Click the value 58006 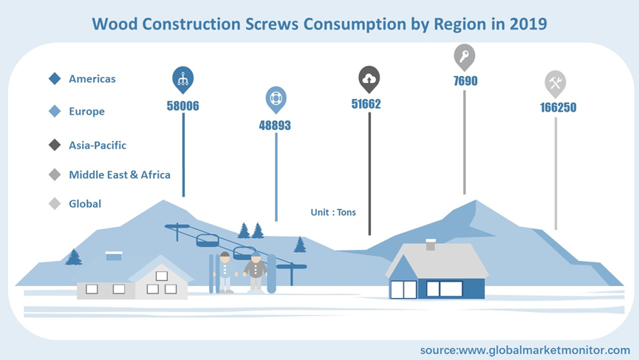click(183, 106)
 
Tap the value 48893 click(275, 125)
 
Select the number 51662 click(366, 104)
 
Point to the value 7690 click(465, 81)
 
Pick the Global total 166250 click(558, 108)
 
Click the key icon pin click(465, 58)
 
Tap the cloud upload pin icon click(369, 80)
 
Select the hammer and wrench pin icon click(556, 84)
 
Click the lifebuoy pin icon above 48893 click(276, 100)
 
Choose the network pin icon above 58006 click(183, 80)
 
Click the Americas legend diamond click(55, 78)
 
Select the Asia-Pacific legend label click(98, 145)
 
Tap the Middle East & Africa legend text click(120, 175)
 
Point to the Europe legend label click(86, 112)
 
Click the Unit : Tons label click(333, 212)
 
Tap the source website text click(525, 350)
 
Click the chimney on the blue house click(431, 245)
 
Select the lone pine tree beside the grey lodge click(74, 257)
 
